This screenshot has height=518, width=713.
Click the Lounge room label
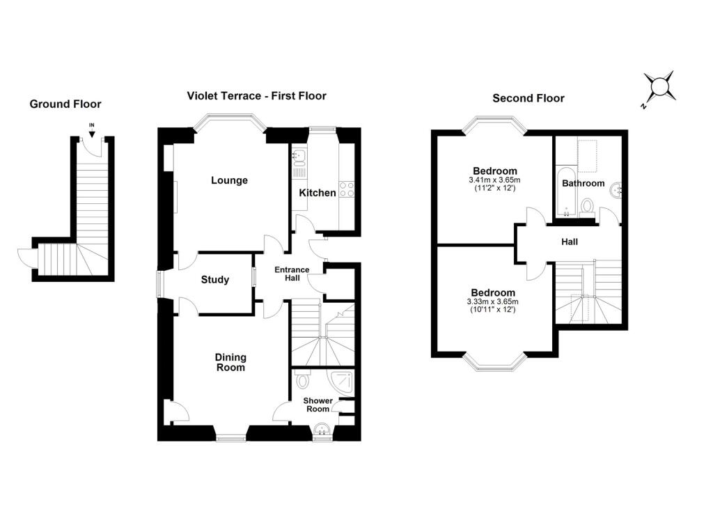[229, 180]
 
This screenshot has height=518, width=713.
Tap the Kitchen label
[318, 193]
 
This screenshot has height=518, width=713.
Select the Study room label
[215, 280]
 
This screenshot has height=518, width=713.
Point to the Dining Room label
[230, 363]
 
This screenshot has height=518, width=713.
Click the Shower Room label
[318, 405]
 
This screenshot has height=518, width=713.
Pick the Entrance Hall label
[292, 274]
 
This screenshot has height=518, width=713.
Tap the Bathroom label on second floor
[583, 183]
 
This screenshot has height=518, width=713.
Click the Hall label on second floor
[570, 242]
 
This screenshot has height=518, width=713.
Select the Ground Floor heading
[65, 104]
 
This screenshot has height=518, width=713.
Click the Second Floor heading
[528, 98]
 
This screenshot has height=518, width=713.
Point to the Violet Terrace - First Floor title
[256, 96]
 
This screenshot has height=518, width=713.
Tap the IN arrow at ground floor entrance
[92, 133]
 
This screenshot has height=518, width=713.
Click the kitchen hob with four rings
[347, 189]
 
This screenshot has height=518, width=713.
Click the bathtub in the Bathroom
[566, 191]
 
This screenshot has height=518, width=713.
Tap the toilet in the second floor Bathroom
[588, 207]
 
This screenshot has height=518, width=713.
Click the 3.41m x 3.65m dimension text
[495, 180]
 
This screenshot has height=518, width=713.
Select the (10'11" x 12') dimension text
[493, 309]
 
